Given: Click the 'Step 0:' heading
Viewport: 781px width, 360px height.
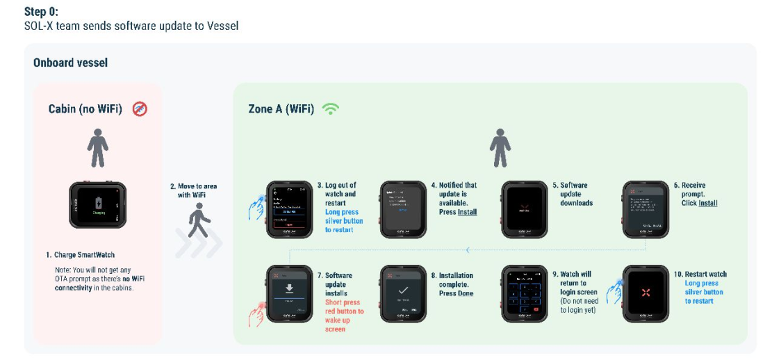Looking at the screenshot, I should [40, 12].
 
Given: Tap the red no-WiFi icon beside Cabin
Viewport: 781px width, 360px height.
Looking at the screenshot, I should [140, 108].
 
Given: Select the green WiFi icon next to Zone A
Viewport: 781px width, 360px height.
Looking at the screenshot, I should [331, 108].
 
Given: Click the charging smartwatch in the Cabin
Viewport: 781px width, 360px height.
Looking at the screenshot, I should [97, 205].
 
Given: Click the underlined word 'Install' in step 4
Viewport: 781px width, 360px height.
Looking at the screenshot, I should [467, 212].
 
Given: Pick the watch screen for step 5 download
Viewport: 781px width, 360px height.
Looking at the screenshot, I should [525, 209].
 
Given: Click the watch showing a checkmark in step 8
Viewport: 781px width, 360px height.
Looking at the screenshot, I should [404, 293].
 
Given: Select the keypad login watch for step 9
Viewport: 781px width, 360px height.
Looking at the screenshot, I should [525, 293].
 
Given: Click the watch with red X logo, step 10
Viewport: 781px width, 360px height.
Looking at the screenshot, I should [646, 293].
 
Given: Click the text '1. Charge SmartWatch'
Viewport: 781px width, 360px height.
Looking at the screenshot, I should [76, 255].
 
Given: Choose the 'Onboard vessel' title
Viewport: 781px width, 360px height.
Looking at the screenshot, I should [70, 63].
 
